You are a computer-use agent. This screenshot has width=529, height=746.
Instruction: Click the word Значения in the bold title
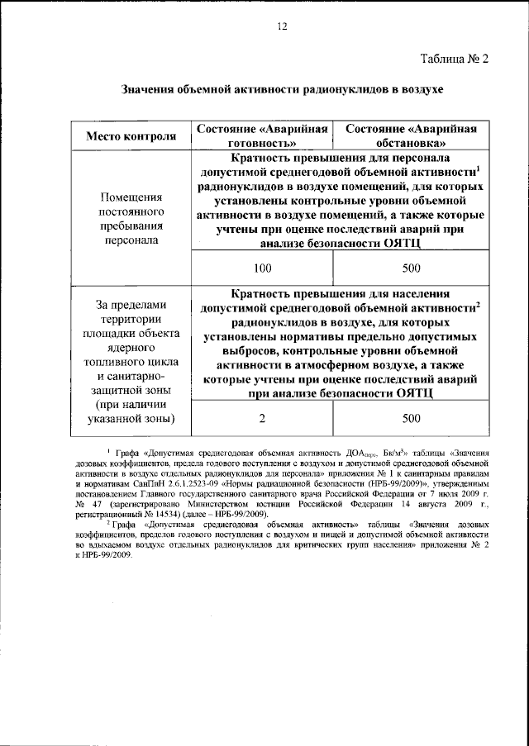pos(150,88)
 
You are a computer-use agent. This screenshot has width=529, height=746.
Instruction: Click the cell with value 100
pos(263,268)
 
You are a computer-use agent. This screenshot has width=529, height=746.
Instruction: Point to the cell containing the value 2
pos(263,418)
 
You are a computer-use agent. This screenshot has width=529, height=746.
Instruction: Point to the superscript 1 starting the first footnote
pos(109,452)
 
